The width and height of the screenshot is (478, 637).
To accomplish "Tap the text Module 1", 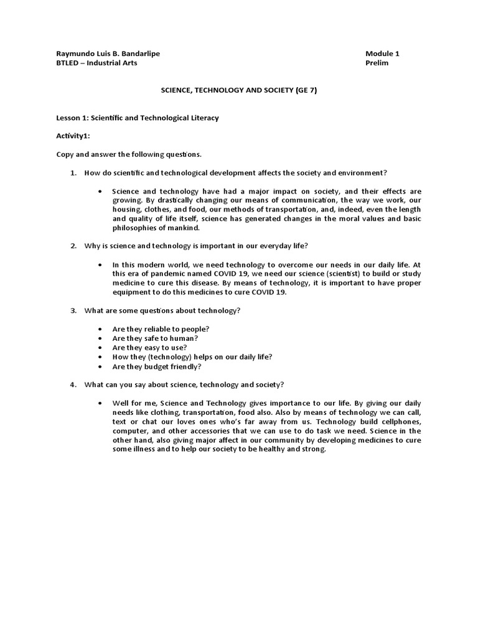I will pyautogui.click(x=382, y=53).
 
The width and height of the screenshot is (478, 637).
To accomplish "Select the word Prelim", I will pyautogui.click(x=377, y=63).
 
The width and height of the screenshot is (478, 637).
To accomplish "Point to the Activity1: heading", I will pyautogui.click(x=73, y=135).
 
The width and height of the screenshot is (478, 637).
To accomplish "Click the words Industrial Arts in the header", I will pyautogui.click(x=116, y=63).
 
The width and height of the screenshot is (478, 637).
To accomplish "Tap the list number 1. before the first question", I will pyautogui.click(x=73, y=172).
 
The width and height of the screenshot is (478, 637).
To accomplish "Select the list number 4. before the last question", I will pyautogui.click(x=73, y=384).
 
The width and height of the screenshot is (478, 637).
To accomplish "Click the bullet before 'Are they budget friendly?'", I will pyautogui.click(x=100, y=366).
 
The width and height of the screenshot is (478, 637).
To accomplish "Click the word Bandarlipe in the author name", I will pyautogui.click(x=140, y=53).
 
